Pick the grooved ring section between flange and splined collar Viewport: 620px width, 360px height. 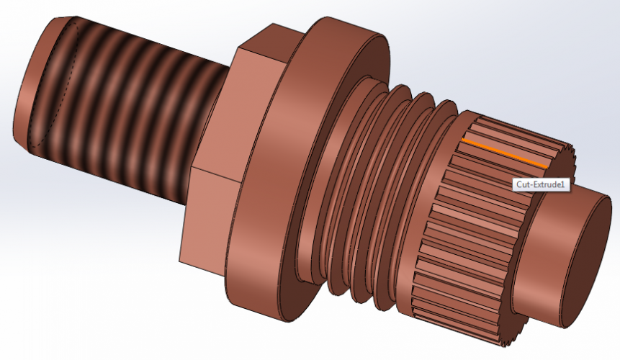tap(374, 187)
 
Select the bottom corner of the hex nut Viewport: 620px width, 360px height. tap(184, 259)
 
